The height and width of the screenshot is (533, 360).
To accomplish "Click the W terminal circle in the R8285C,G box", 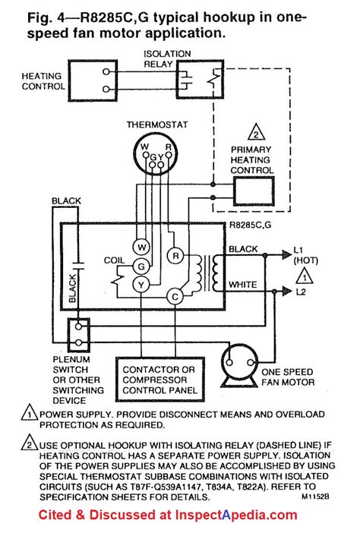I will [x=141, y=247].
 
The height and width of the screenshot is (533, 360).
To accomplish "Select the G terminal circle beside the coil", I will [x=141, y=266].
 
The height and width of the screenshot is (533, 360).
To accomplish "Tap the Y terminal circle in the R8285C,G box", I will [x=141, y=284].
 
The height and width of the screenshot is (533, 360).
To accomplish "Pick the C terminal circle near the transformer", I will [x=175, y=296].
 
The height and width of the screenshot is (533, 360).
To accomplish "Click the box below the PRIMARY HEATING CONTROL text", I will [x=254, y=194].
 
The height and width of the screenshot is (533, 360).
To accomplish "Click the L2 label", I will [x=302, y=292].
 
